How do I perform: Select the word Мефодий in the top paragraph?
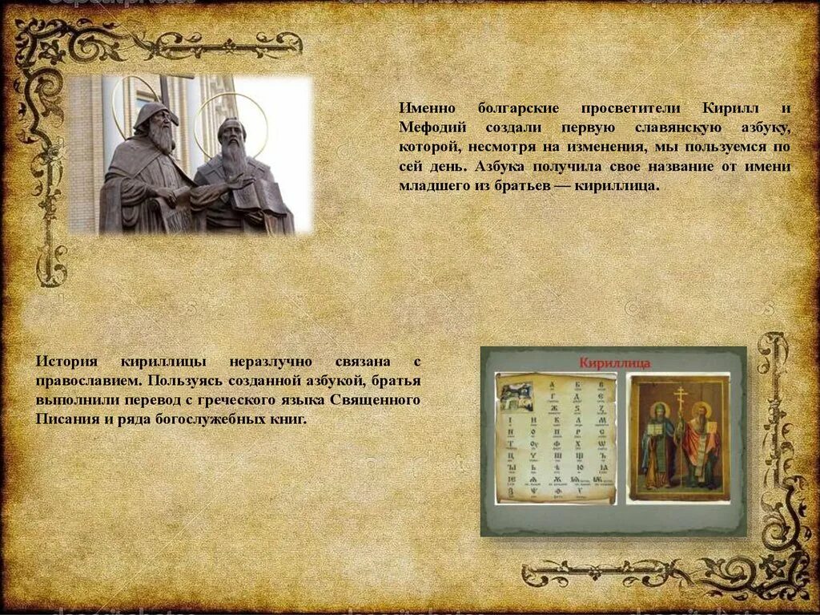click(429, 127)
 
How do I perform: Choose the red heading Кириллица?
click(614, 363)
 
